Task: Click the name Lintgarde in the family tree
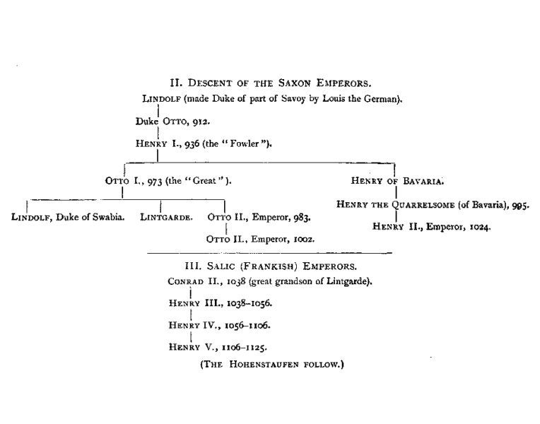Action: pos(167,217)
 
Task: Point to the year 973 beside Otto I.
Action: pos(154,180)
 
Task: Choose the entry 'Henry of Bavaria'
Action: pos(398,180)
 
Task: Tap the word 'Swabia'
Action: pos(108,217)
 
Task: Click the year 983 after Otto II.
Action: pos(300,217)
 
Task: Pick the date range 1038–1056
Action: pos(247,303)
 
